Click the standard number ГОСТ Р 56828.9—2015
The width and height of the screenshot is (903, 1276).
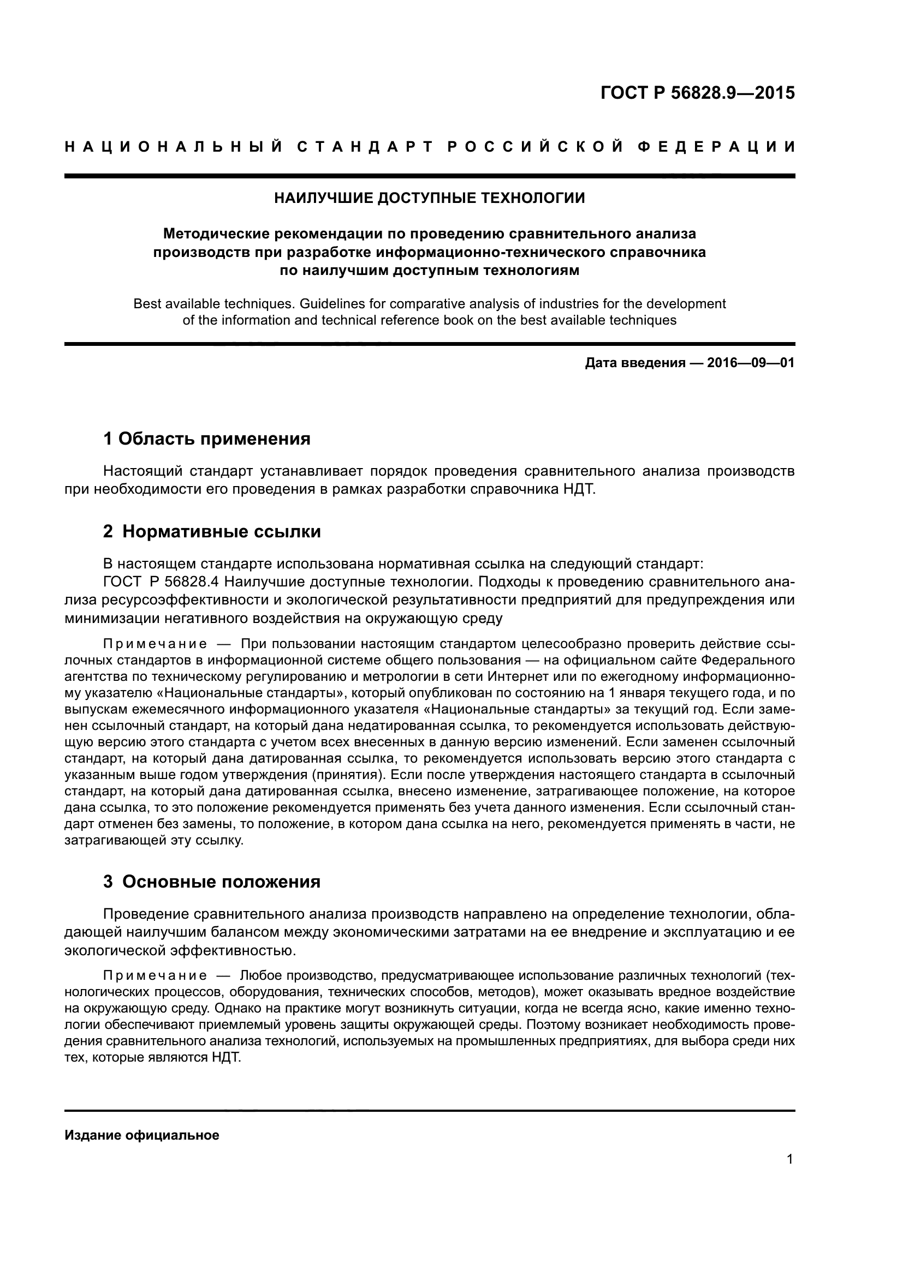coord(697,93)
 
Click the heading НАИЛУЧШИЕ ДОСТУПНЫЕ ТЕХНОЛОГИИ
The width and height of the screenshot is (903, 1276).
coord(429,198)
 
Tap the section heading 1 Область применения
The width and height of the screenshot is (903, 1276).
coord(207,439)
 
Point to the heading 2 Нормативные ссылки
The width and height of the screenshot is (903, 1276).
coord(212,532)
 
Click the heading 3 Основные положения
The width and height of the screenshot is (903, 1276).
coord(212,882)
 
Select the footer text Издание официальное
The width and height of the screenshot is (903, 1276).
coord(142,1135)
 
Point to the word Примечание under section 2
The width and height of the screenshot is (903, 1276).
coord(155,644)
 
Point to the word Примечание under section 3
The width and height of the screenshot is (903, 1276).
coord(155,977)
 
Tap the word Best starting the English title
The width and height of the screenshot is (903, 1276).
coord(146,304)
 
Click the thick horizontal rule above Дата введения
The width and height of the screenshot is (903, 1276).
coord(429,344)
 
